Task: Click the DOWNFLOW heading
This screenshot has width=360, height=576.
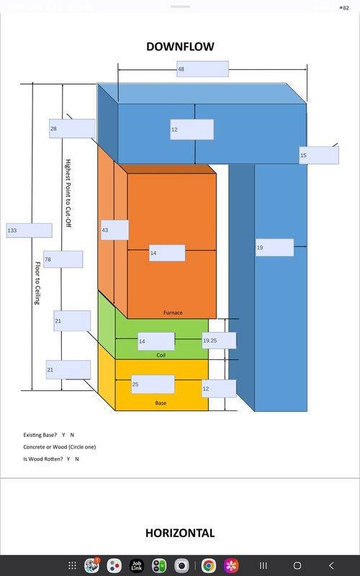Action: click(180, 47)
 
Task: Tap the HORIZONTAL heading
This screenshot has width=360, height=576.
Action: click(180, 533)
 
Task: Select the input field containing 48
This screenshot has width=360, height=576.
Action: click(202, 69)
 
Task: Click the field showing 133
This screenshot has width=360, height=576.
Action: click(29, 230)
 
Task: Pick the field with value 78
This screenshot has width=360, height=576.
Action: click(63, 259)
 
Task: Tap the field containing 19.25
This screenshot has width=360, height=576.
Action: click(219, 341)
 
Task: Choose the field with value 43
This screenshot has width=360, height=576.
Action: click(114, 230)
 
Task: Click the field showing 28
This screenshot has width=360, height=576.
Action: click(72, 129)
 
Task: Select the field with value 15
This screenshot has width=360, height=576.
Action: click(319, 156)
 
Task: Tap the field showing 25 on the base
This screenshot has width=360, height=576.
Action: click(153, 384)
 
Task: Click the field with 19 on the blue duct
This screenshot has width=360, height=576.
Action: click(274, 248)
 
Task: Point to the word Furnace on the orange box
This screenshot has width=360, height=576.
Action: click(173, 312)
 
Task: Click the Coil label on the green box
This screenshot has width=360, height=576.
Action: click(161, 355)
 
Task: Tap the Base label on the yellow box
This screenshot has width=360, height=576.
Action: click(161, 403)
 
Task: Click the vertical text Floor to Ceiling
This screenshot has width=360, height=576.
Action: click(37, 283)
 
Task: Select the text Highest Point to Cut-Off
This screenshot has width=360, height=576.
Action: click(68, 193)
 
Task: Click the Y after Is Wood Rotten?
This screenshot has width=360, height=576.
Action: click(68, 459)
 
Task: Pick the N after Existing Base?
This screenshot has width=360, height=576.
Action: click(72, 435)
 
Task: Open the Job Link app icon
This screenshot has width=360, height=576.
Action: click(136, 565)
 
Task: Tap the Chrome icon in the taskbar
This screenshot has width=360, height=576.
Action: click(208, 565)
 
